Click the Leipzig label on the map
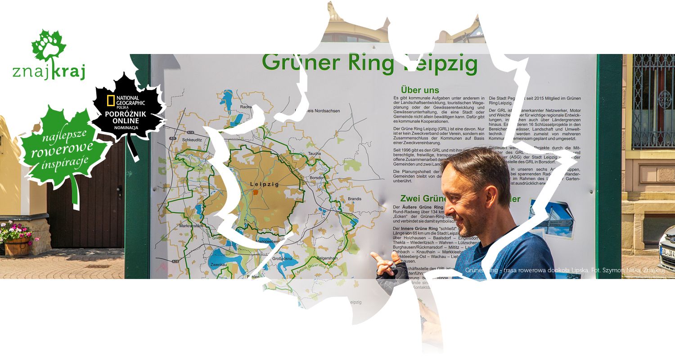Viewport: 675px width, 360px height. [x=265, y=184]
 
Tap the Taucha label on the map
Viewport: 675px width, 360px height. [x=315, y=153]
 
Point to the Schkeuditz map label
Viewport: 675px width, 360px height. [x=193, y=140]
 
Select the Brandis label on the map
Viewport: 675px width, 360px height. [x=355, y=198]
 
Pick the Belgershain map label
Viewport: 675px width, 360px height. [x=327, y=258]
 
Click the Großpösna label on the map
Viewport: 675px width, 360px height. [x=284, y=259]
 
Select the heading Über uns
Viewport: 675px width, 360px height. [x=420, y=90]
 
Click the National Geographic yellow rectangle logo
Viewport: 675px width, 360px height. [x=111, y=100]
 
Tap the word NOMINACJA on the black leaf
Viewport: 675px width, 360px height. [x=126, y=127]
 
